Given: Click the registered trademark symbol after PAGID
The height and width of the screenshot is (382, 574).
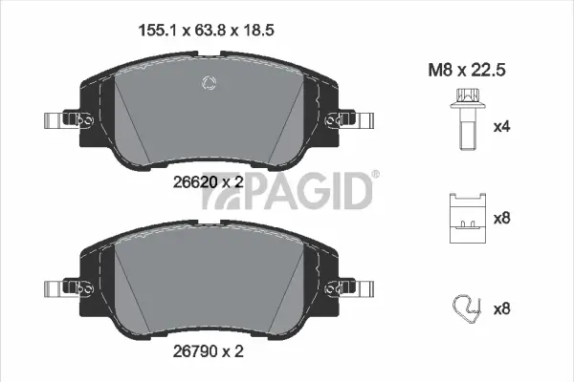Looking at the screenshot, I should (x=374, y=174).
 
